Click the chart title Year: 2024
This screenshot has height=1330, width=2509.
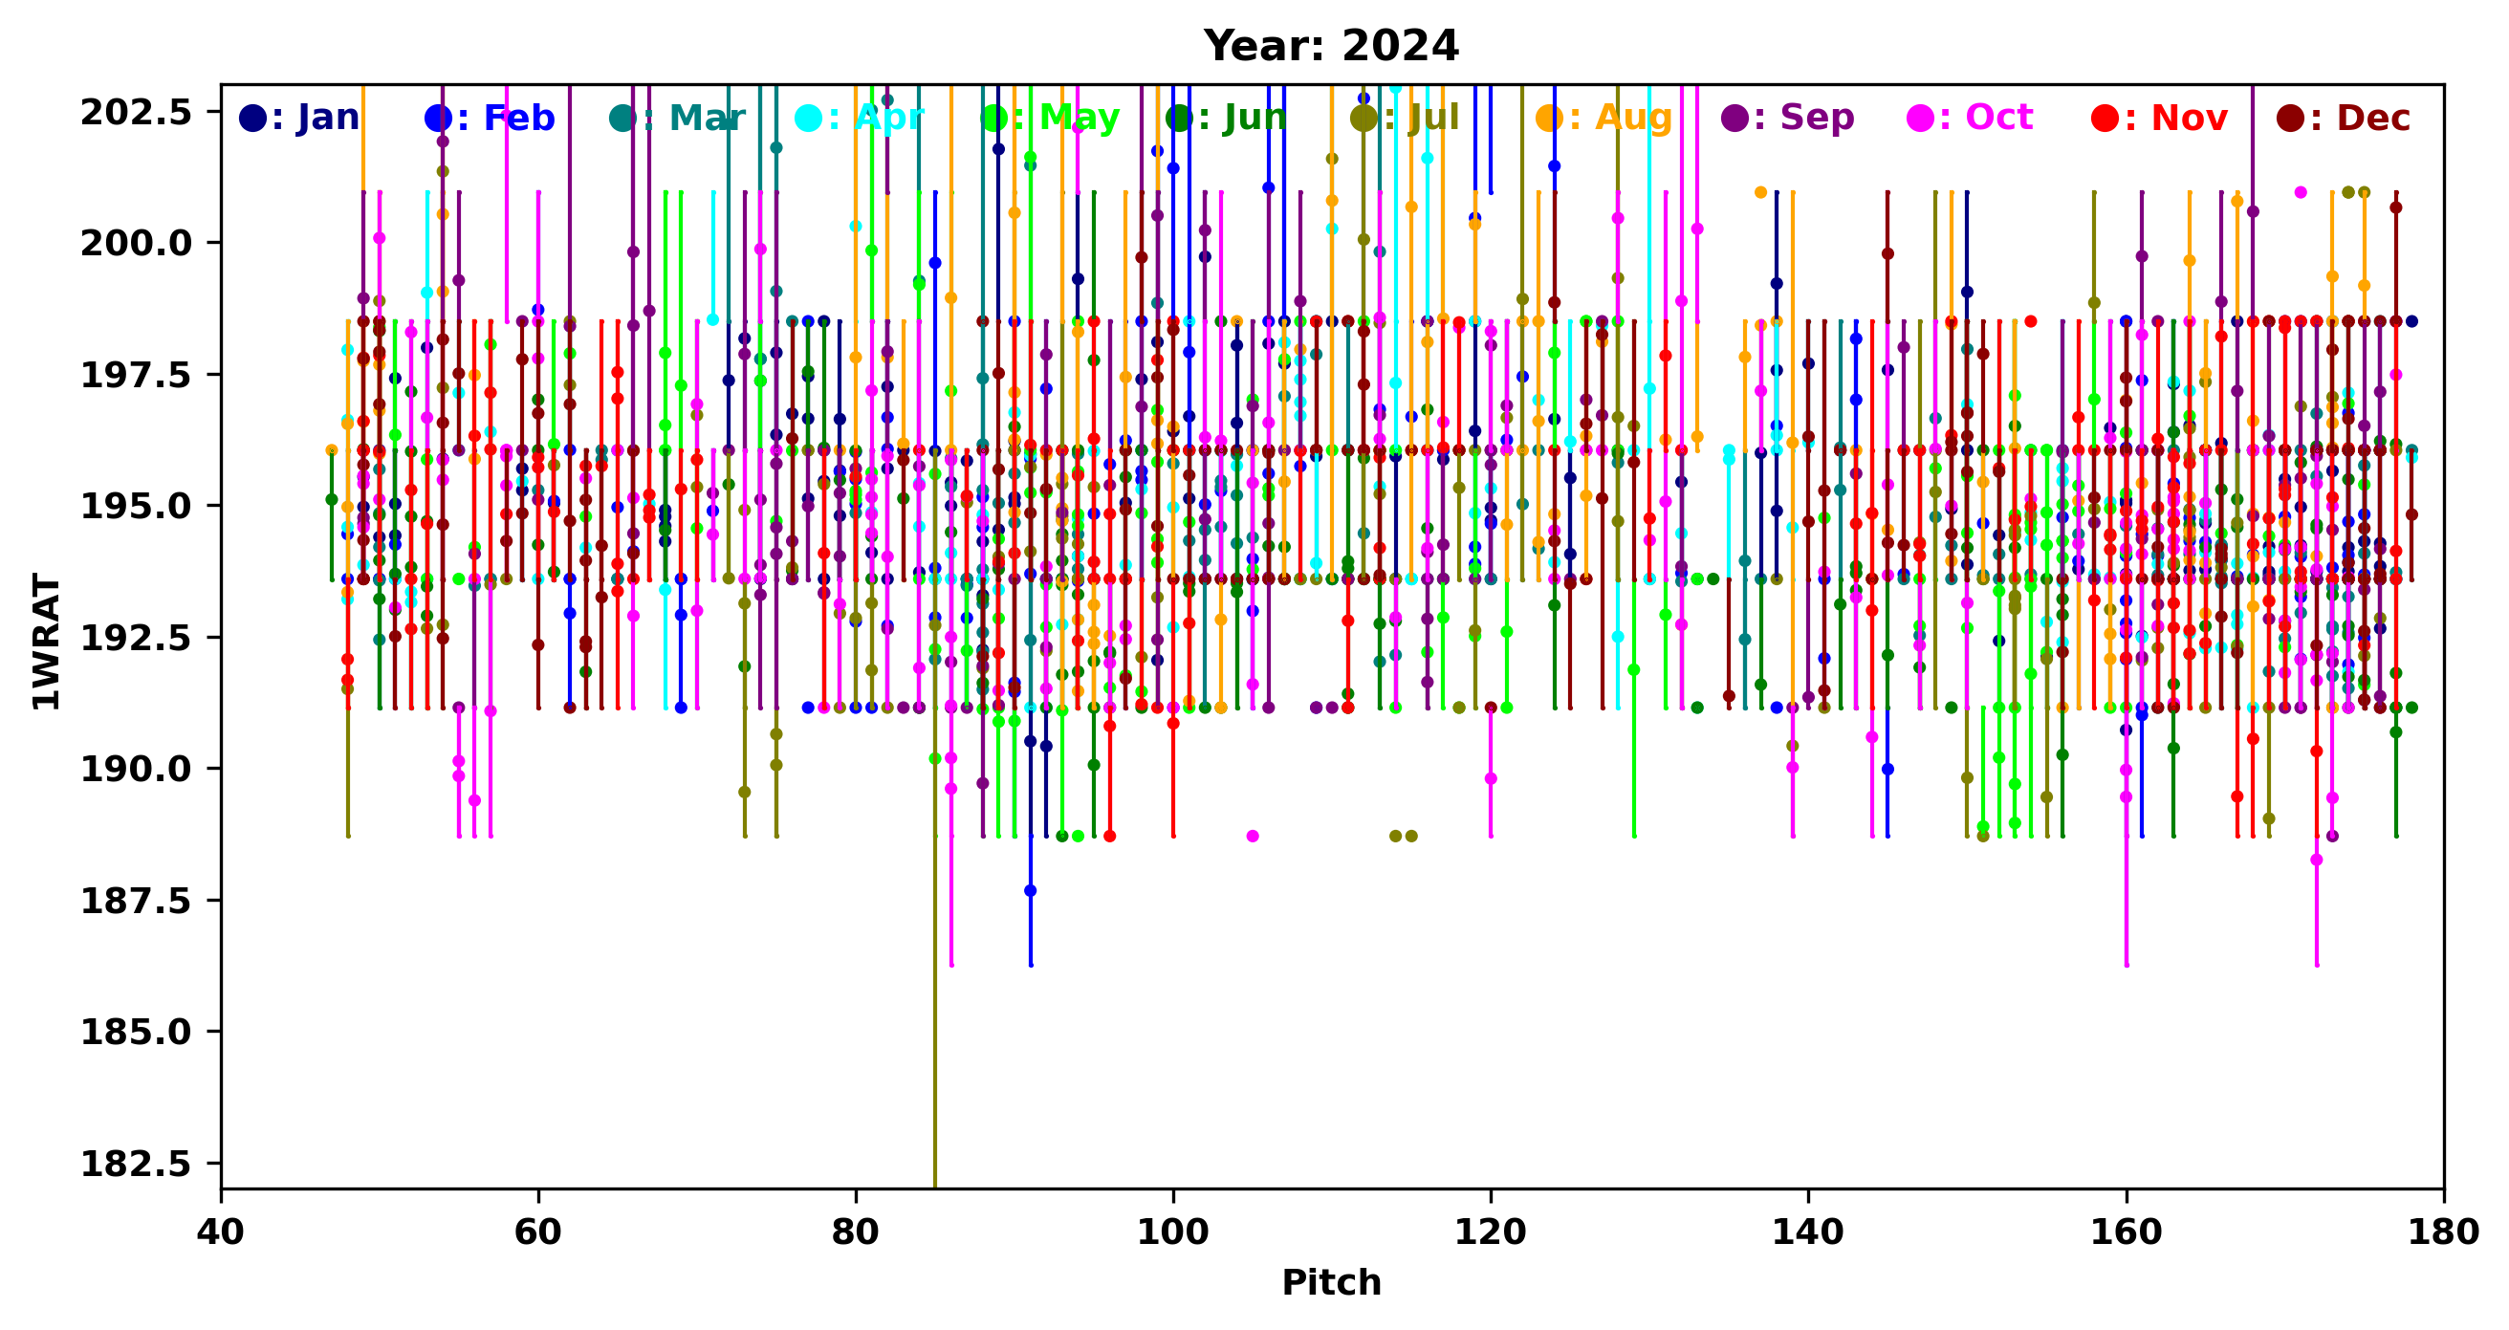(x=1330, y=46)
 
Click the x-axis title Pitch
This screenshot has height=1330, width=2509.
(x=1330, y=1282)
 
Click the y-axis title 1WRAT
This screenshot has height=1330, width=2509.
(x=46, y=642)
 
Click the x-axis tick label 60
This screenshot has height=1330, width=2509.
(x=537, y=1232)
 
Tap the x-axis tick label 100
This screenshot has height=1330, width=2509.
(x=1172, y=1232)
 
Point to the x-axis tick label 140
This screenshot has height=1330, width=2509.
(x=1808, y=1232)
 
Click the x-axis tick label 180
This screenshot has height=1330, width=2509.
(x=2443, y=1232)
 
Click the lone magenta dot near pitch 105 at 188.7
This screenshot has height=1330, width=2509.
(x=1253, y=837)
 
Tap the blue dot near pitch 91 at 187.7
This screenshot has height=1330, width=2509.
(x=1031, y=891)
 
